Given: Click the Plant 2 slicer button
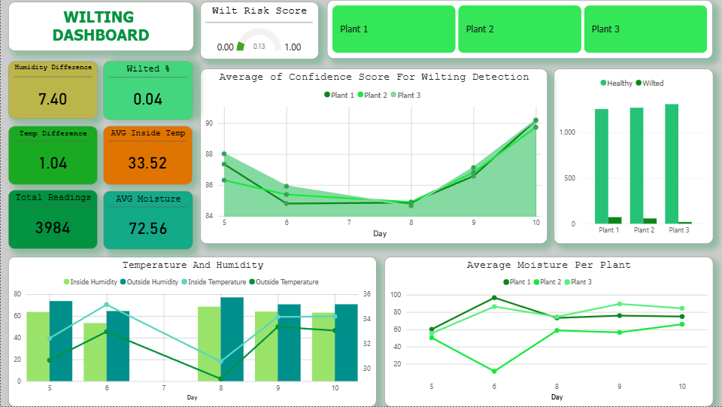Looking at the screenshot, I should [x=519, y=29].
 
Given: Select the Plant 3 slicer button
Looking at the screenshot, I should [x=645, y=29].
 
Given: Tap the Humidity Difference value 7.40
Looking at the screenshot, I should [x=53, y=99].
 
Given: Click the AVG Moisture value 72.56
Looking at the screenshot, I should [x=147, y=229].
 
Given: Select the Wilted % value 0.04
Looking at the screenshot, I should [x=147, y=99].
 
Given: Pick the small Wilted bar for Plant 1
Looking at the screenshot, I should [x=614, y=220].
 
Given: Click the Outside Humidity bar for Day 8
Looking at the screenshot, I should [x=232, y=339].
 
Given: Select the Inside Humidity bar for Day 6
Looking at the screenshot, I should [x=95, y=351].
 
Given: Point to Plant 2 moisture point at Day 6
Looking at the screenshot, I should [x=494, y=371].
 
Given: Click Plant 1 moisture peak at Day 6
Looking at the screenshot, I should [x=494, y=298].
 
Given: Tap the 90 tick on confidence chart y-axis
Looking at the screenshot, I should [x=208, y=123].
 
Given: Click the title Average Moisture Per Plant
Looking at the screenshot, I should [x=548, y=265].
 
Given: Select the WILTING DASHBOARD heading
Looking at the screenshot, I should [x=101, y=26].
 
